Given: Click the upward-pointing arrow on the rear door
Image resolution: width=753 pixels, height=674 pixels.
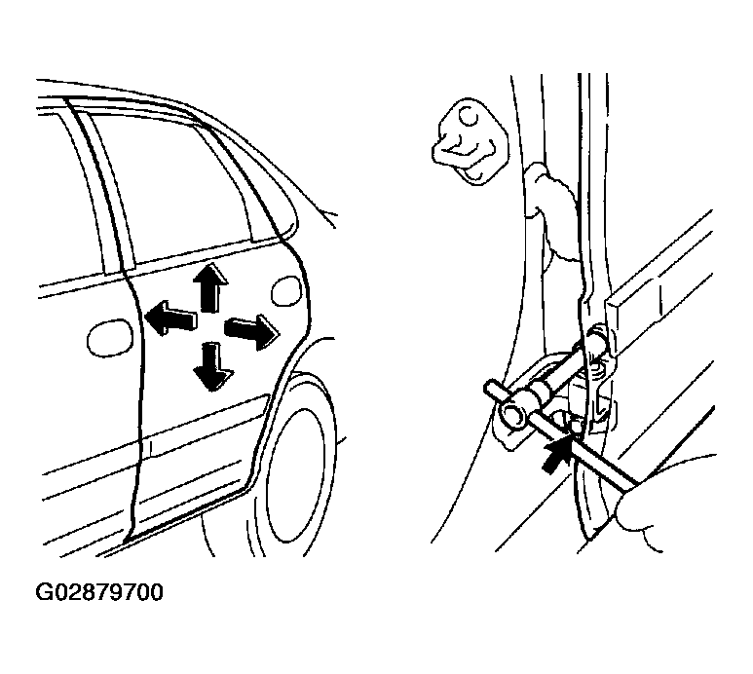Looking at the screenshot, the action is (209, 287).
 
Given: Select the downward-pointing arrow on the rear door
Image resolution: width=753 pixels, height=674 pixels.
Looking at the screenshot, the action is (212, 366).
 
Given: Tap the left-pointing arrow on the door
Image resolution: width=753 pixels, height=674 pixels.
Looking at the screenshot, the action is (170, 318).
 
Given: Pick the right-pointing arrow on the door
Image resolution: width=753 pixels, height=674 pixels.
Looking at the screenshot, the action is (251, 332).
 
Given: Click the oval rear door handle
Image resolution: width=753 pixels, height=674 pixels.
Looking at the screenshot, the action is (286, 292).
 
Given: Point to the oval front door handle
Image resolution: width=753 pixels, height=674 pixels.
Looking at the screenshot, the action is (110, 338).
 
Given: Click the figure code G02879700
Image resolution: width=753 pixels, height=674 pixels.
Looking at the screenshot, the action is (99, 592).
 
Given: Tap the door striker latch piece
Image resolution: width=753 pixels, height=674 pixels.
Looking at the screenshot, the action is (469, 141).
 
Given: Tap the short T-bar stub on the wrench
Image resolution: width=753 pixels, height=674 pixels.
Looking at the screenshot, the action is (495, 388).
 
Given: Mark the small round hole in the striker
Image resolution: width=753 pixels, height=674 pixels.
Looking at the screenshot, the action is (469, 116).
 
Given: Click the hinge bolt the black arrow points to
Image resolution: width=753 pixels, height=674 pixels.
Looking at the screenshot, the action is (574, 424).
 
